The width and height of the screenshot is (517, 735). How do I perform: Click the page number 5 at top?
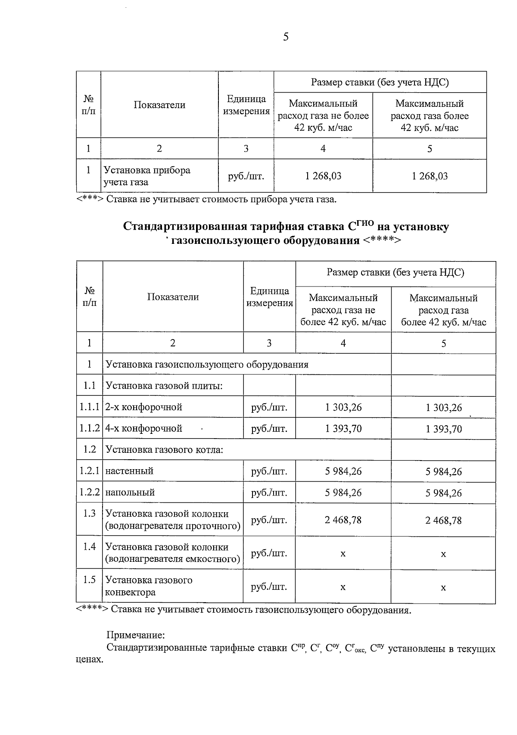pos(286,37)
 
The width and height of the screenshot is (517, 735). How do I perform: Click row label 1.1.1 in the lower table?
pos(90,407)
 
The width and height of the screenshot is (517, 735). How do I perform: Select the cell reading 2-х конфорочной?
pos(144,407)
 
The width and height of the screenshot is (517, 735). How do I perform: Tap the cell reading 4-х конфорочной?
pos(144,429)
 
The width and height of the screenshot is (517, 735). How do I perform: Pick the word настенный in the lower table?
pos(129,471)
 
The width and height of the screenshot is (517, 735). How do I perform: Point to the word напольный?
pos(130,492)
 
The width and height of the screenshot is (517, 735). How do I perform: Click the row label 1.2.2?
pos(90,492)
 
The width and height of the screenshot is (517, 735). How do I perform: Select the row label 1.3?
pos(90,514)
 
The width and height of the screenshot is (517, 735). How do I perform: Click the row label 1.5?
pos(90,580)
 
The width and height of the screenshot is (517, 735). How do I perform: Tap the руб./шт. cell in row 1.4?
pos(269,553)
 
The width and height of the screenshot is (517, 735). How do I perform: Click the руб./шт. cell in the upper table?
pos(246,176)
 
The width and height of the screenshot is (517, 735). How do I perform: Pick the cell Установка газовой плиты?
pos(164,386)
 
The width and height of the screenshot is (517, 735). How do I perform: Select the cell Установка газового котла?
pos(164,450)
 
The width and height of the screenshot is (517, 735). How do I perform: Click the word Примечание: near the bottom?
pos(136,635)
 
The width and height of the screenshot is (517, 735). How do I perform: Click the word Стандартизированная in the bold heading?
pos(185,227)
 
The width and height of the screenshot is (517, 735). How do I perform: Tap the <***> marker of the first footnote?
pos(90,199)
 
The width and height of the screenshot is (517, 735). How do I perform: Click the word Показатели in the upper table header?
pos(159,105)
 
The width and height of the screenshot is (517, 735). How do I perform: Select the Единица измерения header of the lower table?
pos(269,297)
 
